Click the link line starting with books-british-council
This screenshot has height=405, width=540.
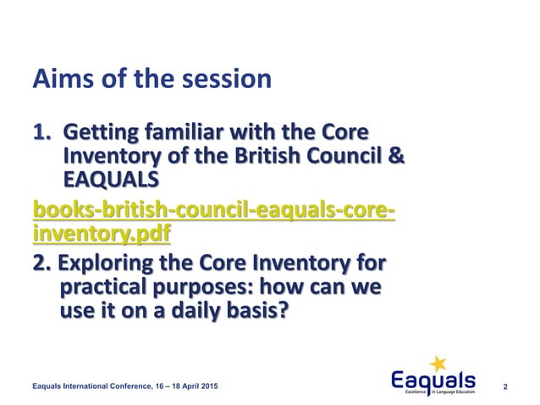point(212,208)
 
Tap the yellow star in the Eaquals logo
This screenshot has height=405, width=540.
point(438,364)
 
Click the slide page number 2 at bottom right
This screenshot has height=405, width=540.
point(505,386)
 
